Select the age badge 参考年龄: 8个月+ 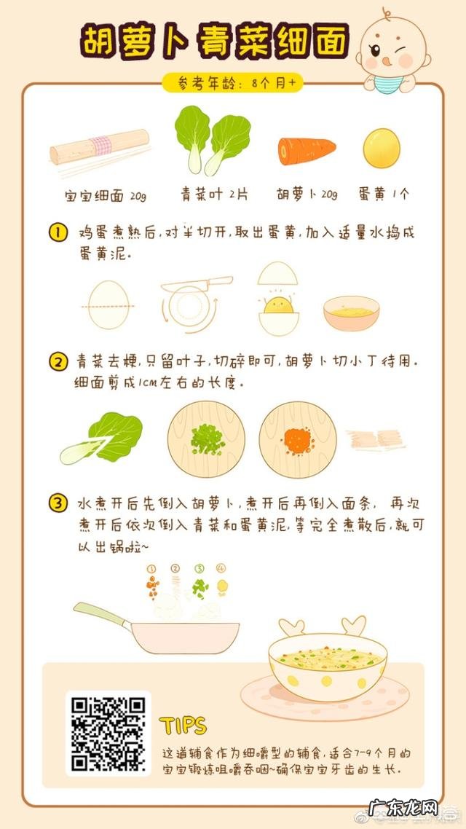click(232, 83)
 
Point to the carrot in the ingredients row click(307, 151)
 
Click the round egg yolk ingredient click(382, 148)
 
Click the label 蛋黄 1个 click(384, 195)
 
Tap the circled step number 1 click(58, 234)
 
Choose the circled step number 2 click(58, 361)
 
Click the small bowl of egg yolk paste click(351, 313)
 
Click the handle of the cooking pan click(100, 614)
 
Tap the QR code click(108, 733)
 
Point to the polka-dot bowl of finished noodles click(328, 664)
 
